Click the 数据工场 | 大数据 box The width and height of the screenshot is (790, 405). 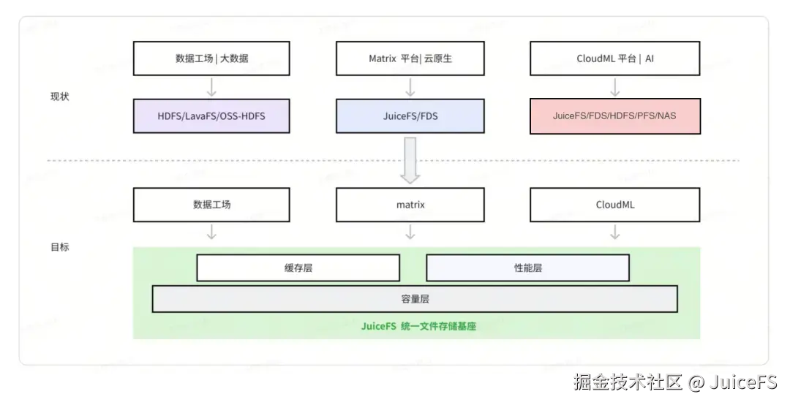click(211, 58)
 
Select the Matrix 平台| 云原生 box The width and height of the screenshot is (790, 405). click(410, 58)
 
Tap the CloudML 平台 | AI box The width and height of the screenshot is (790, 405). click(614, 58)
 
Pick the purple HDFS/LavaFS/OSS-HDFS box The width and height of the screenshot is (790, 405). click(211, 116)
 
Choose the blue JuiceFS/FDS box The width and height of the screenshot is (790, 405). click(410, 116)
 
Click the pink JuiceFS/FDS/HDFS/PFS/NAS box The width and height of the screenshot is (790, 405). click(614, 116)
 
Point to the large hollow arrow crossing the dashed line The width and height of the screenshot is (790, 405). click(410, 160)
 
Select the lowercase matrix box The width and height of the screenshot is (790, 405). click(410, 205)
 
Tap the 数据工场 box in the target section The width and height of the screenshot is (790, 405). click(211, 205)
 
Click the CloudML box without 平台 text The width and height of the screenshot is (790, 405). click(614, 205)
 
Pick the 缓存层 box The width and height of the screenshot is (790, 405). click(298, 268)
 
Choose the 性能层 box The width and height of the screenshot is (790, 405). click(528, 268)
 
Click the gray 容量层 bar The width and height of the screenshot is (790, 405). click(415, 299)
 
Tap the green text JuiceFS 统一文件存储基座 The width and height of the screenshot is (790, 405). click(418, 326)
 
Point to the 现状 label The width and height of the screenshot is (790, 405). click(59, 96)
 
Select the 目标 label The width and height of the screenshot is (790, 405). click(59, 247)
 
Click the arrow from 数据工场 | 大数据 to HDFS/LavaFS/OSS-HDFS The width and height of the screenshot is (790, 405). click(211, 87)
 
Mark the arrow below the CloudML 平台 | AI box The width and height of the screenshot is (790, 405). click(614, 87)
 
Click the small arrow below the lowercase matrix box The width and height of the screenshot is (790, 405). click(410, 232)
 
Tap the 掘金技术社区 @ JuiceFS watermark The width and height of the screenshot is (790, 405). click(675, 382)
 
